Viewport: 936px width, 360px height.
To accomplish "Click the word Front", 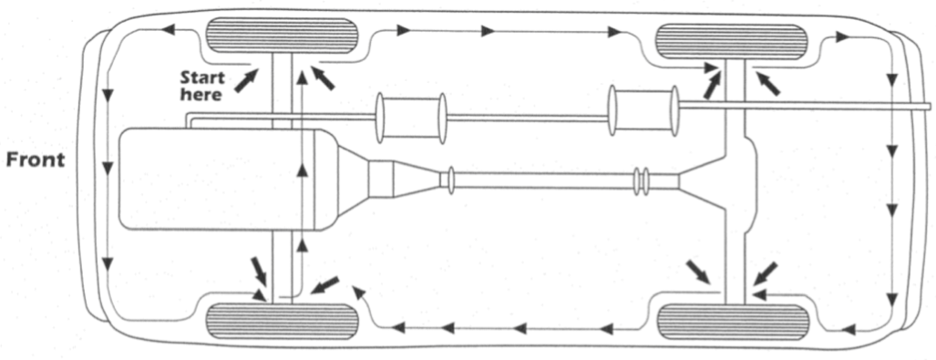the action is point(36,160).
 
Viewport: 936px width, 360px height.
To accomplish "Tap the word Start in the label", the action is point(201,76).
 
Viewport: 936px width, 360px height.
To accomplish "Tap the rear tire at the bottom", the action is point(732,322).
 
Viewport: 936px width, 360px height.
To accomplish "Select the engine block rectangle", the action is point(219,178).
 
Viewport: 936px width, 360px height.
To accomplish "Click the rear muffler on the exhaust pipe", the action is point(643,111).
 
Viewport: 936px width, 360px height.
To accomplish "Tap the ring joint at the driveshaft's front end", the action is point(447,179).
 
